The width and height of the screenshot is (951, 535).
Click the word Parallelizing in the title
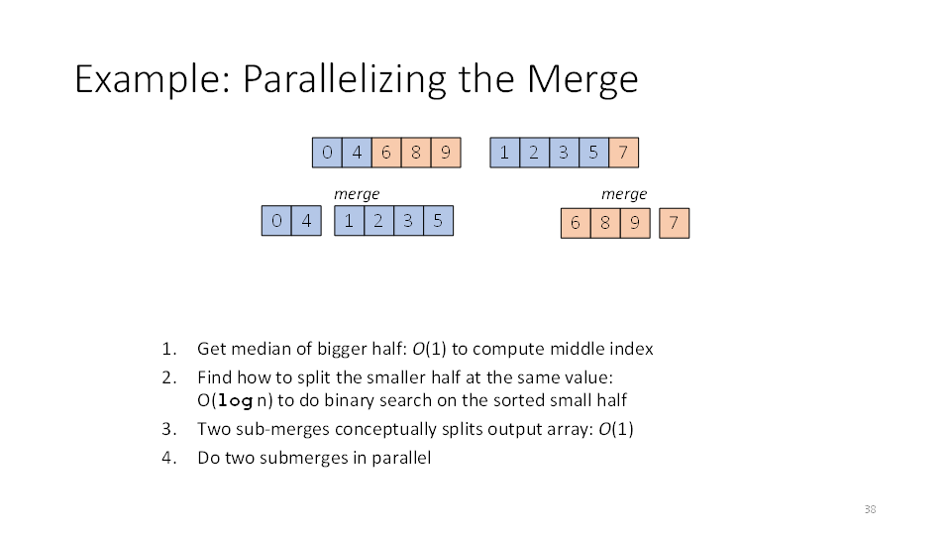click(x=345, y=79)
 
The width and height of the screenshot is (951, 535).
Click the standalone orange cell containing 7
click(x=674, y=223)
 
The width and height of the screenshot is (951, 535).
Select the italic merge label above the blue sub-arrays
click(x=357, y=194)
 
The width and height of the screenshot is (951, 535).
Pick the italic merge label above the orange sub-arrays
click(x=624, y=194)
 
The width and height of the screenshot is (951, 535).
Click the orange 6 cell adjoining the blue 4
click(x=386, y=153)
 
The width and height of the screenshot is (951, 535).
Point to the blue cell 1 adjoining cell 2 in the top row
click(x=504, y=153)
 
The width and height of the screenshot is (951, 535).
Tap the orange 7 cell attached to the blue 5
click(x=623, y=153)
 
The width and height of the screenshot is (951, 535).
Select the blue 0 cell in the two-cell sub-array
click(x=276, y=221)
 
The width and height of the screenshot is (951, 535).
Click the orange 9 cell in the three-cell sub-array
click(x=635, y=223)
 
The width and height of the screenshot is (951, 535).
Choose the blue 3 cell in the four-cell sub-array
click(x=408, y=221)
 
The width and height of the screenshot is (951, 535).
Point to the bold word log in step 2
click(x=235, y=401)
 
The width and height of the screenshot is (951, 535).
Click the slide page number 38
click(x=871, y=509)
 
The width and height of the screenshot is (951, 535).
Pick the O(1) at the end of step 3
click(x=616, y=429)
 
